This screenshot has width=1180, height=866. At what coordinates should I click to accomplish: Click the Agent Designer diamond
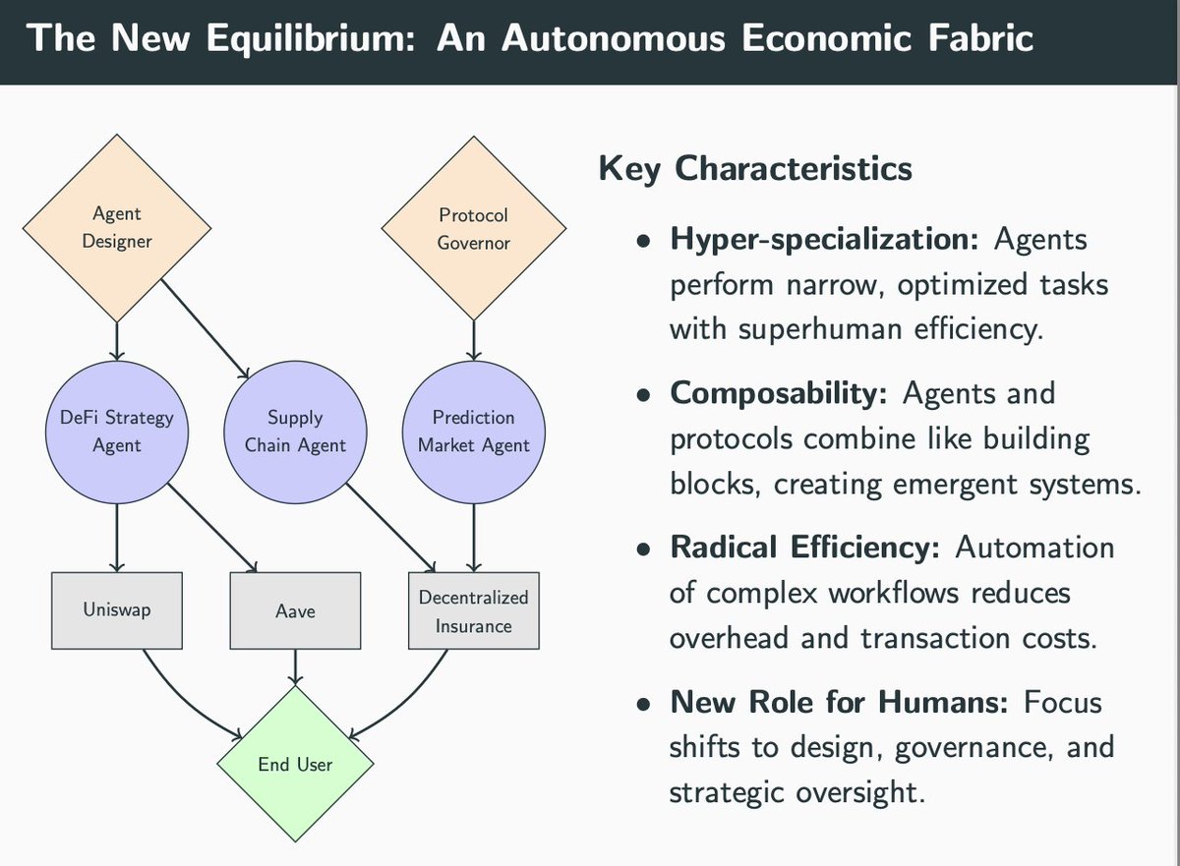[117, 227]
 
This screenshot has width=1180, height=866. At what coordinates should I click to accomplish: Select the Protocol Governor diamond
[473, 227]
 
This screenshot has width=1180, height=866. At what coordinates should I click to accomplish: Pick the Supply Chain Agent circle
[295, 431]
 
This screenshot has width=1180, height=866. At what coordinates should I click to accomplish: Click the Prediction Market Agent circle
[473, 431]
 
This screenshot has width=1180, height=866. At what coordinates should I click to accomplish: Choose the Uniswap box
[117, 610]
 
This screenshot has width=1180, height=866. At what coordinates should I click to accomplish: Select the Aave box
[295, 610]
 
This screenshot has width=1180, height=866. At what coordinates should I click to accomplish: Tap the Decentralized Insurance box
[473, 610]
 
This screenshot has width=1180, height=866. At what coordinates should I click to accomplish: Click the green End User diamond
[295, 763]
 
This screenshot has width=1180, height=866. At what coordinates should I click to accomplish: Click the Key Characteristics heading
[754, 168]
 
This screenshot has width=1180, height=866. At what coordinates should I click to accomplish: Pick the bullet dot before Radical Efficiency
[643, 549]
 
